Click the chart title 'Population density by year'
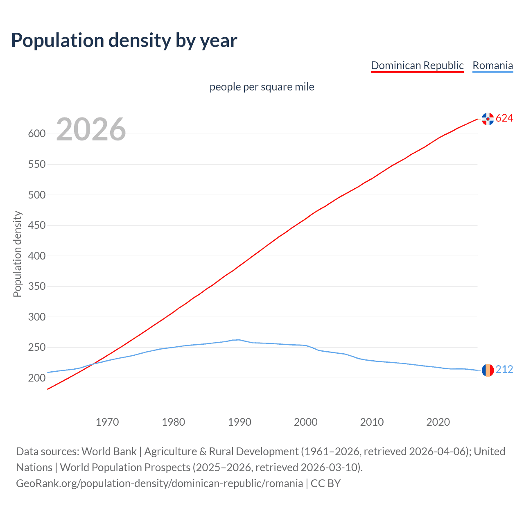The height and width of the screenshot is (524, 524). (124, 41)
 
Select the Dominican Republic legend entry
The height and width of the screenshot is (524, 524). (417, 65)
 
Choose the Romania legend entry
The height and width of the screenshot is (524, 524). (492, 65)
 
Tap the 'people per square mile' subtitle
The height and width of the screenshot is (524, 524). (262, 87)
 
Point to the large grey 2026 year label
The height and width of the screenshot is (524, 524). (91, 129)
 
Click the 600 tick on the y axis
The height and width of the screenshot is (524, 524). (36, 134)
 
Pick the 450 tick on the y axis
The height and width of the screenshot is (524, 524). (36, 225)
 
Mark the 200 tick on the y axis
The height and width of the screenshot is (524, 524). (36, 378)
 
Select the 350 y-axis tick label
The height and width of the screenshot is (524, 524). (36, 286)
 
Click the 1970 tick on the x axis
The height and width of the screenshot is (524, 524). (107, 422)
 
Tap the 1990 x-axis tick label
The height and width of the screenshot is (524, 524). (239, 422)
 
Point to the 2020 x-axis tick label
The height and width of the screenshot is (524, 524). (438, 422)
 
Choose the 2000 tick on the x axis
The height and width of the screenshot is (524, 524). (306, 422)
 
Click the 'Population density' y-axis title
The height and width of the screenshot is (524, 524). (17, 254)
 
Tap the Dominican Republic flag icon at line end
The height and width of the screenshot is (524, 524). (488, 119)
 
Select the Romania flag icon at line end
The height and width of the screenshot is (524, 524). (488, 370)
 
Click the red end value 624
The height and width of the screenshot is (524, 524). (504, 118)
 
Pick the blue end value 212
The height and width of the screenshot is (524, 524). (504, 370)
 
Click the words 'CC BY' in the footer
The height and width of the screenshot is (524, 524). (325, 483)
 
